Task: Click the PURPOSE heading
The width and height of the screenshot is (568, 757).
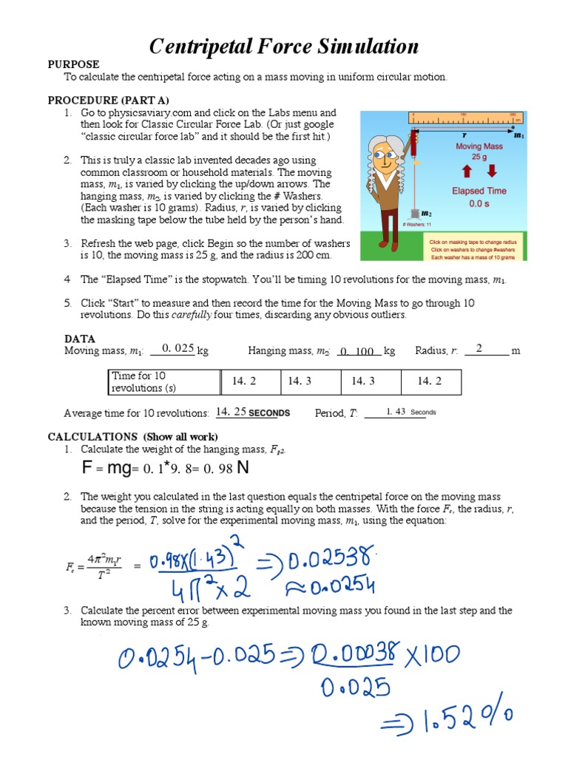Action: pyautogui.click(x=73, y=64)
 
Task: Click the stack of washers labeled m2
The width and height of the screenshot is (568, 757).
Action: pyautogui.click(x=415, y=214)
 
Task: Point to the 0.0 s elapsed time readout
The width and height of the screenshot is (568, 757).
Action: pyautogui.click(x=479, y=205)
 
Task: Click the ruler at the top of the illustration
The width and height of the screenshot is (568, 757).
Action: pyautogui.click(x=467, y=117)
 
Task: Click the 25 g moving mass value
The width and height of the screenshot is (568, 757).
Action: pyautogui.click(x=479, y=157)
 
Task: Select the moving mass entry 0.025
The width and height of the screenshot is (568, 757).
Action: pyautogui.click(x=177, y=349)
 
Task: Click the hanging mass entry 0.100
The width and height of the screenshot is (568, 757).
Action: pyautogui.click(x=358, y=351)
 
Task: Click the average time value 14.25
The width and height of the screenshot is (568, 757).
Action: pyautogui.click(x=231, y=412)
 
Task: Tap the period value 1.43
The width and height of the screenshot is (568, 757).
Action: pyautogui.click(x=396, y=412)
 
